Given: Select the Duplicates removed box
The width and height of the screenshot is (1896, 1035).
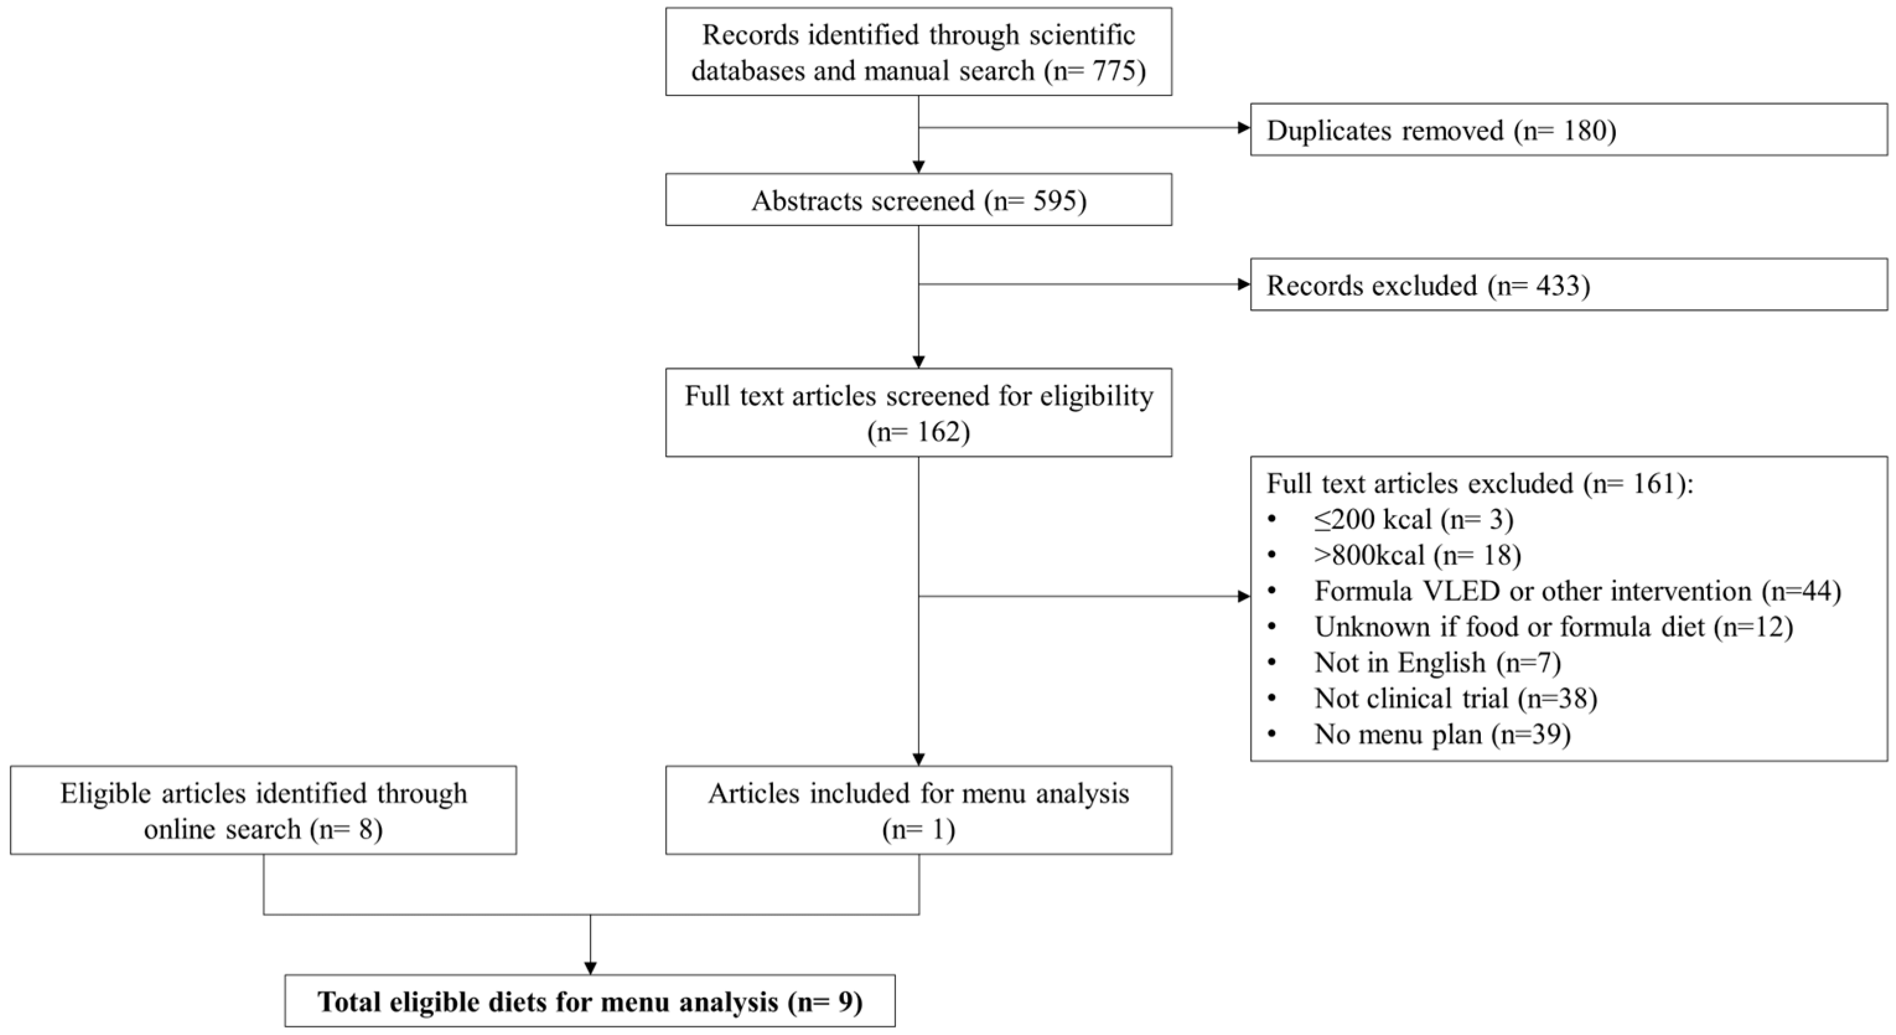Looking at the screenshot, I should (1568, 130).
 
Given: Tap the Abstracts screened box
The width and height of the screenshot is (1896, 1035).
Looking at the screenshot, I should (918, 200).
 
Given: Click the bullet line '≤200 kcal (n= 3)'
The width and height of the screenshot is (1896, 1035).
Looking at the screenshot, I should (1413, 520).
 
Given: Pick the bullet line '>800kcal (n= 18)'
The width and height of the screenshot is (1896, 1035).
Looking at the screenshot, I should (1417, 555).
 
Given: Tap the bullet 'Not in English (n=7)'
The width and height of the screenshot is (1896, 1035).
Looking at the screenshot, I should (1437, 663).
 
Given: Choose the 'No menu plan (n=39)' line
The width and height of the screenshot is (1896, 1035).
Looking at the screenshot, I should (1442, 734).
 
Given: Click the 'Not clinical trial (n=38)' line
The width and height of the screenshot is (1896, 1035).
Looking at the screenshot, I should (1455, 698).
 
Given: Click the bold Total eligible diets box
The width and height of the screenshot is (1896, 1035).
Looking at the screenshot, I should (589, 1001).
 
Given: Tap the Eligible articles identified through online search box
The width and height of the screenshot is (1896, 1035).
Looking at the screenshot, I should (263, 810).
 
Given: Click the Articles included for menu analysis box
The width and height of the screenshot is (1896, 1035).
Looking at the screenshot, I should (918, 810).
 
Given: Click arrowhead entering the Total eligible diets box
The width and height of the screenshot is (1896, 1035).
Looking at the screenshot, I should (590, 967).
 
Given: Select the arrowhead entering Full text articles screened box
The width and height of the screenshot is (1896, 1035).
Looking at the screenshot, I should (918, 361).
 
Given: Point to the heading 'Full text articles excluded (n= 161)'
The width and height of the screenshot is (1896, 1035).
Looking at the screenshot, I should (1480, 483).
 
